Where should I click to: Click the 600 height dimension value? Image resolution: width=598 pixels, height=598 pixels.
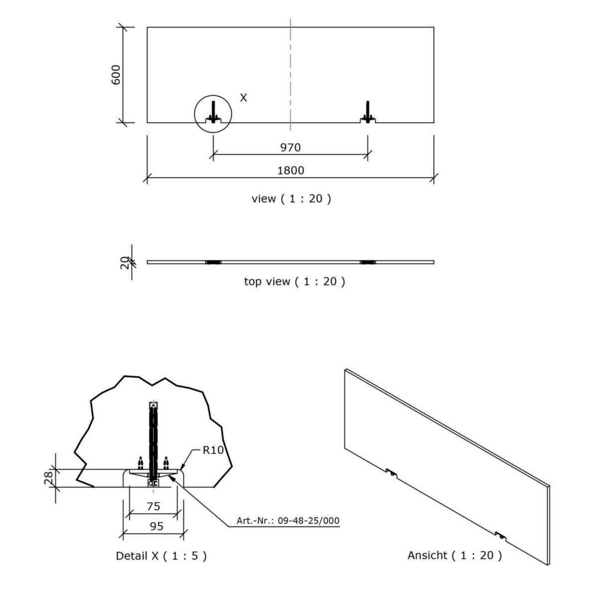pyautogui.click(x=116, y=75)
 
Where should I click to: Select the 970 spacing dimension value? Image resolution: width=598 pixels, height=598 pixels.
pyautogui.click(x=291, y=148)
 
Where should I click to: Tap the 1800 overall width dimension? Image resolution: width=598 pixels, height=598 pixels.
pyautogui.click(x=291, y=170)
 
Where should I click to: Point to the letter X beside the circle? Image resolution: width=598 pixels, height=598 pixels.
pyautogui.click(x=244, y=98)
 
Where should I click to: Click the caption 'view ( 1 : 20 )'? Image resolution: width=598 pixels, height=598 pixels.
pyautogui.click(x=291, y=199)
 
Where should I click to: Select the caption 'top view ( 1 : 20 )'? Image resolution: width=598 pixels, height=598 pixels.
pyautogui.click(x=294, y=282)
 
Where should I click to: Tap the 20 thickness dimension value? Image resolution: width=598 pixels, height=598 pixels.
pyautogui.click(x=124, y=263)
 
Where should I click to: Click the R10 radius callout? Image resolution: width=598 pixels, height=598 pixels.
pyautogui.click(x=213, y=450)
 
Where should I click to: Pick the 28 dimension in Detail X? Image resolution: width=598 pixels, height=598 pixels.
pyautogui.click(x=48, y=478)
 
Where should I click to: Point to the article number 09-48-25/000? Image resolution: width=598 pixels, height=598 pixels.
pyautogui.click(x=308, y=520)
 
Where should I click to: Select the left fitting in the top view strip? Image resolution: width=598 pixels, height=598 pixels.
pyautogui.click(x=213, y=262)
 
